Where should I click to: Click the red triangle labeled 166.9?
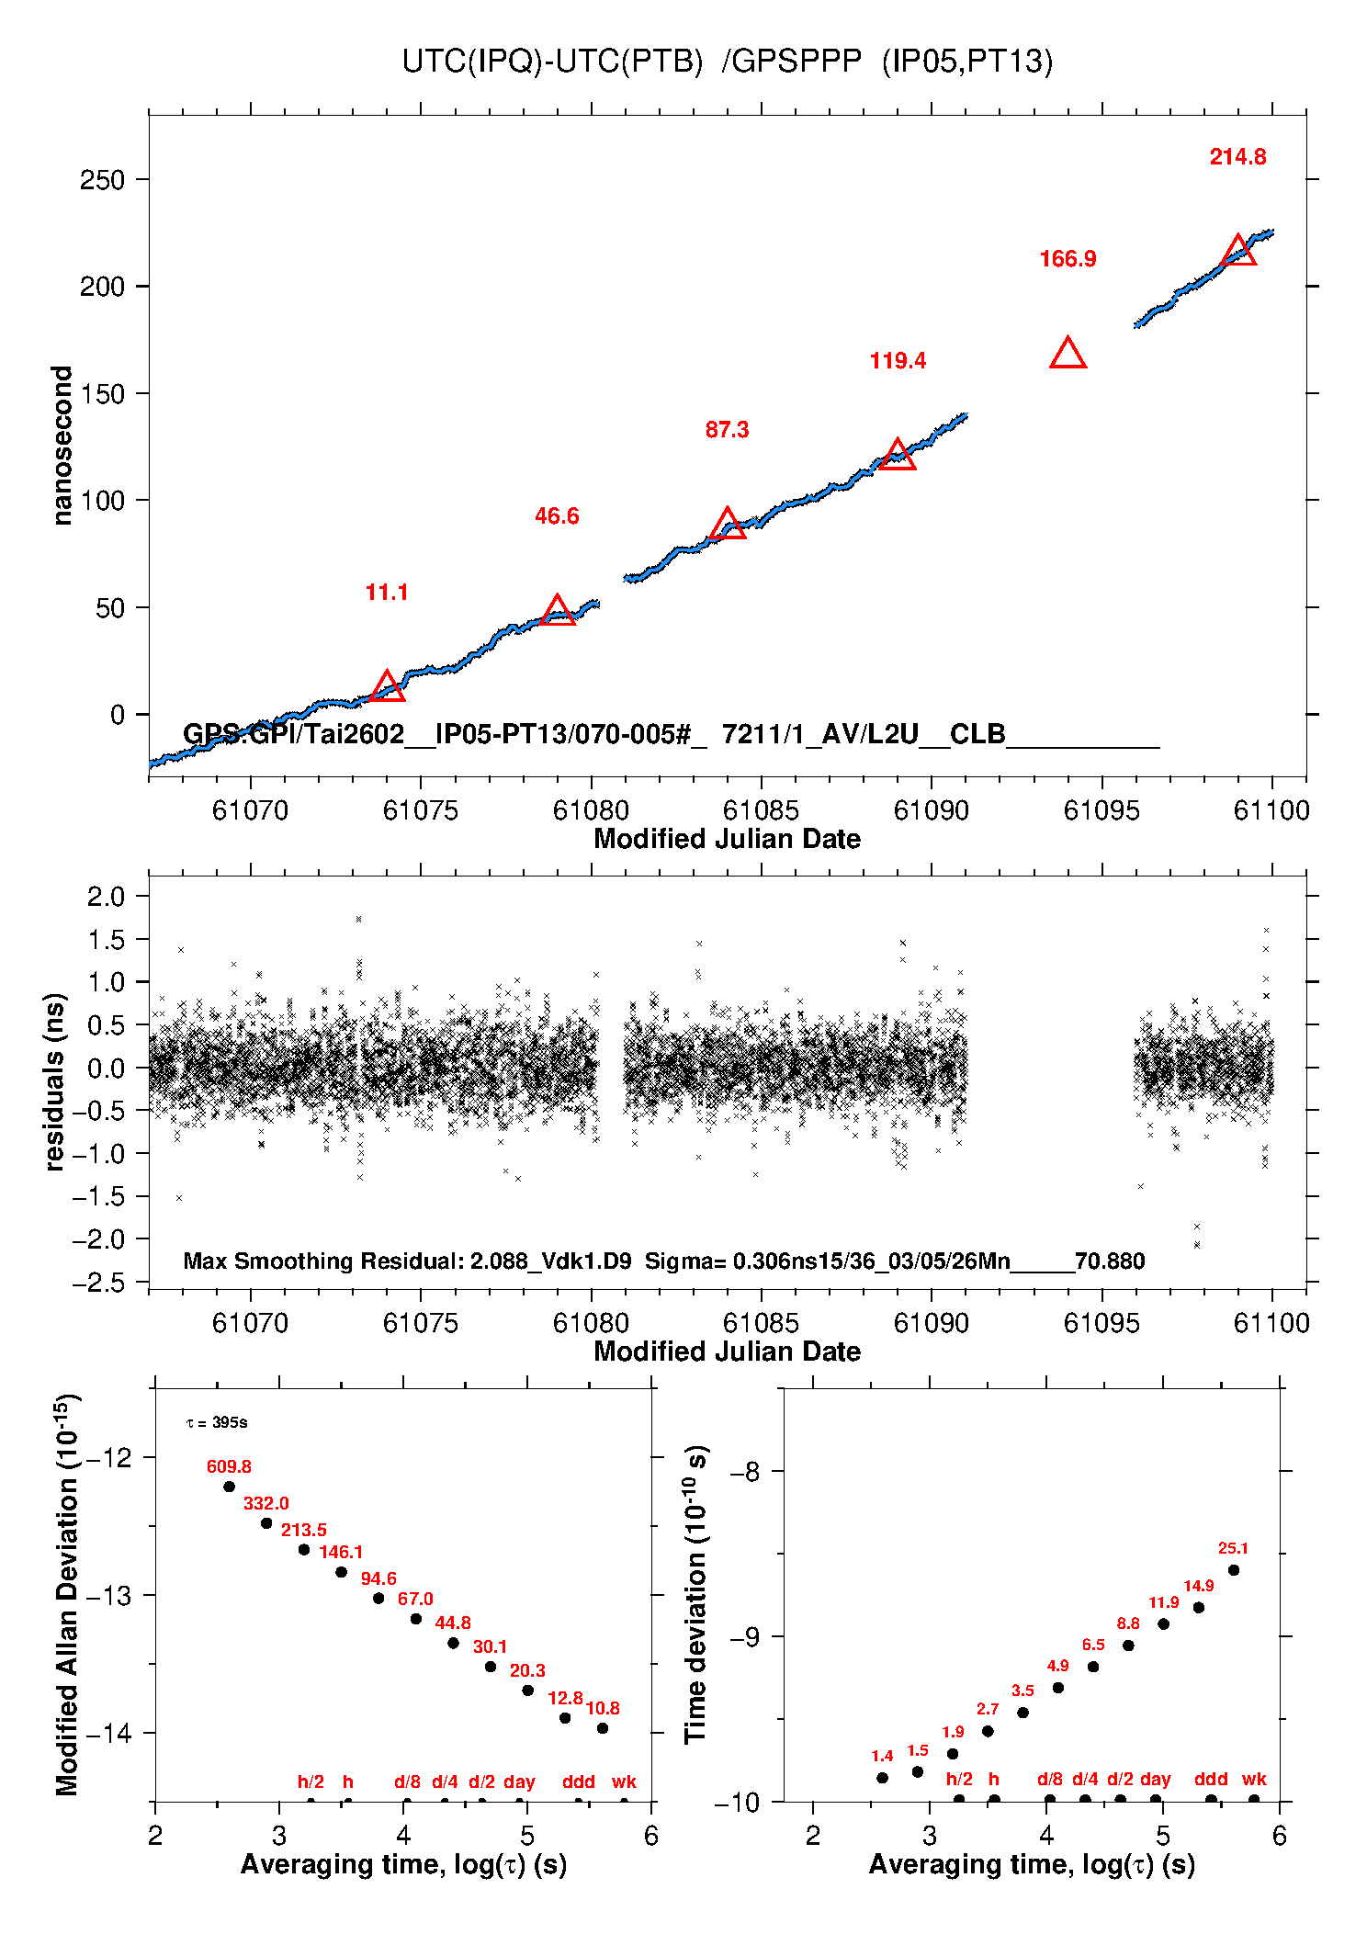pos(1068,355)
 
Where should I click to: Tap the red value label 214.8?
pos(1237,157)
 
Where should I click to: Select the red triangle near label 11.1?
pos(387,687)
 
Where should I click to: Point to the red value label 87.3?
pos(727,430)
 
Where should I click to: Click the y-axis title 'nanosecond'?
pos(62,446)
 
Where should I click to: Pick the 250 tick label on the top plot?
pos(102,180)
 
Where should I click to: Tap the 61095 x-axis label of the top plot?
pos(1102,810)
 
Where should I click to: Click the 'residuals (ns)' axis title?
pos(55,1081)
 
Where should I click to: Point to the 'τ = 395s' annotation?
pos(217,1422)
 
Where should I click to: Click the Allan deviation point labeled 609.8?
pos(229,1487)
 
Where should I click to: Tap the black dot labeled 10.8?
pos(603,1728)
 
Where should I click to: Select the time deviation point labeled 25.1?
pos(1234,1570)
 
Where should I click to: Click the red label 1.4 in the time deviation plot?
pos(882,1757)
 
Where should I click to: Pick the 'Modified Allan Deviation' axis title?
pos(66,1595)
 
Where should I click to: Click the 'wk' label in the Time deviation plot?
pos(1254,1780)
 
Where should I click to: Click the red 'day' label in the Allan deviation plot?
pos(519,1782)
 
